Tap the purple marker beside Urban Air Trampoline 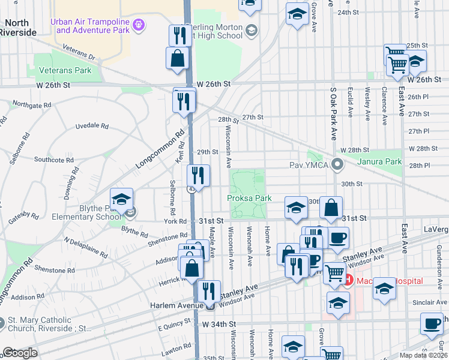(x=139, y=25)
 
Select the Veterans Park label (x=65, y=70)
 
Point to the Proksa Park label (x=249, y=198)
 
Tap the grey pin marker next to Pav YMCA (x=338, y=164)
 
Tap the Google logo (x=19, y=353)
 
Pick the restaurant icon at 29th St (x=197, y=176)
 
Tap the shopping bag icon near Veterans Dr (x=178, y=59)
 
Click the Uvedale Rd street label (x=92, y=127)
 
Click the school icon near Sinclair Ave (x=385, y=290)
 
